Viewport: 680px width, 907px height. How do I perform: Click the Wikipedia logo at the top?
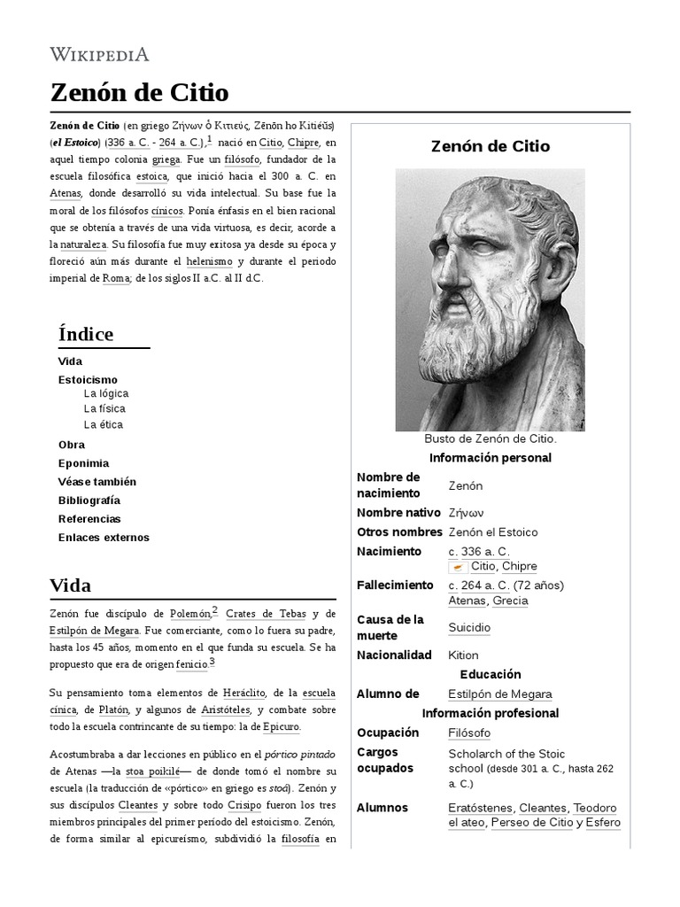tap(99, 54)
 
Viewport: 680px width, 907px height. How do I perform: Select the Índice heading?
tap(85, 334)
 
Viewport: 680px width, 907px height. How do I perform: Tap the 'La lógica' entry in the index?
tap(106, 392)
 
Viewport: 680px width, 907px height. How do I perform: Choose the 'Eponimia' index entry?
tap(83, 462)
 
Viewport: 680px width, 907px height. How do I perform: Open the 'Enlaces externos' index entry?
tap(104, 537)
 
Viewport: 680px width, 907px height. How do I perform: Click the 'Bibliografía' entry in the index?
tap(89, 500)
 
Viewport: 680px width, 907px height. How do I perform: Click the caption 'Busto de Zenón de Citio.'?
tap(490, 438)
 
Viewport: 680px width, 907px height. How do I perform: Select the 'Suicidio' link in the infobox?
tap(469, 627)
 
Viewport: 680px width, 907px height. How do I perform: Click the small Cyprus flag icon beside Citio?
tap(458, 567)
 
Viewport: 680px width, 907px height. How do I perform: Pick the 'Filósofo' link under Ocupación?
tap(469, 733)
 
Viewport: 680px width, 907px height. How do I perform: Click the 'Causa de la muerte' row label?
tap(390, 627)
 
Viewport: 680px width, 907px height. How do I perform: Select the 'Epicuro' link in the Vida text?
tap(282, 726)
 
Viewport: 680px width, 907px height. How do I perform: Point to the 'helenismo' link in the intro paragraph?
tap(209, 261)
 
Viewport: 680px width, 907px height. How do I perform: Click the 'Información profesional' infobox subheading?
tap(490, 713)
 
